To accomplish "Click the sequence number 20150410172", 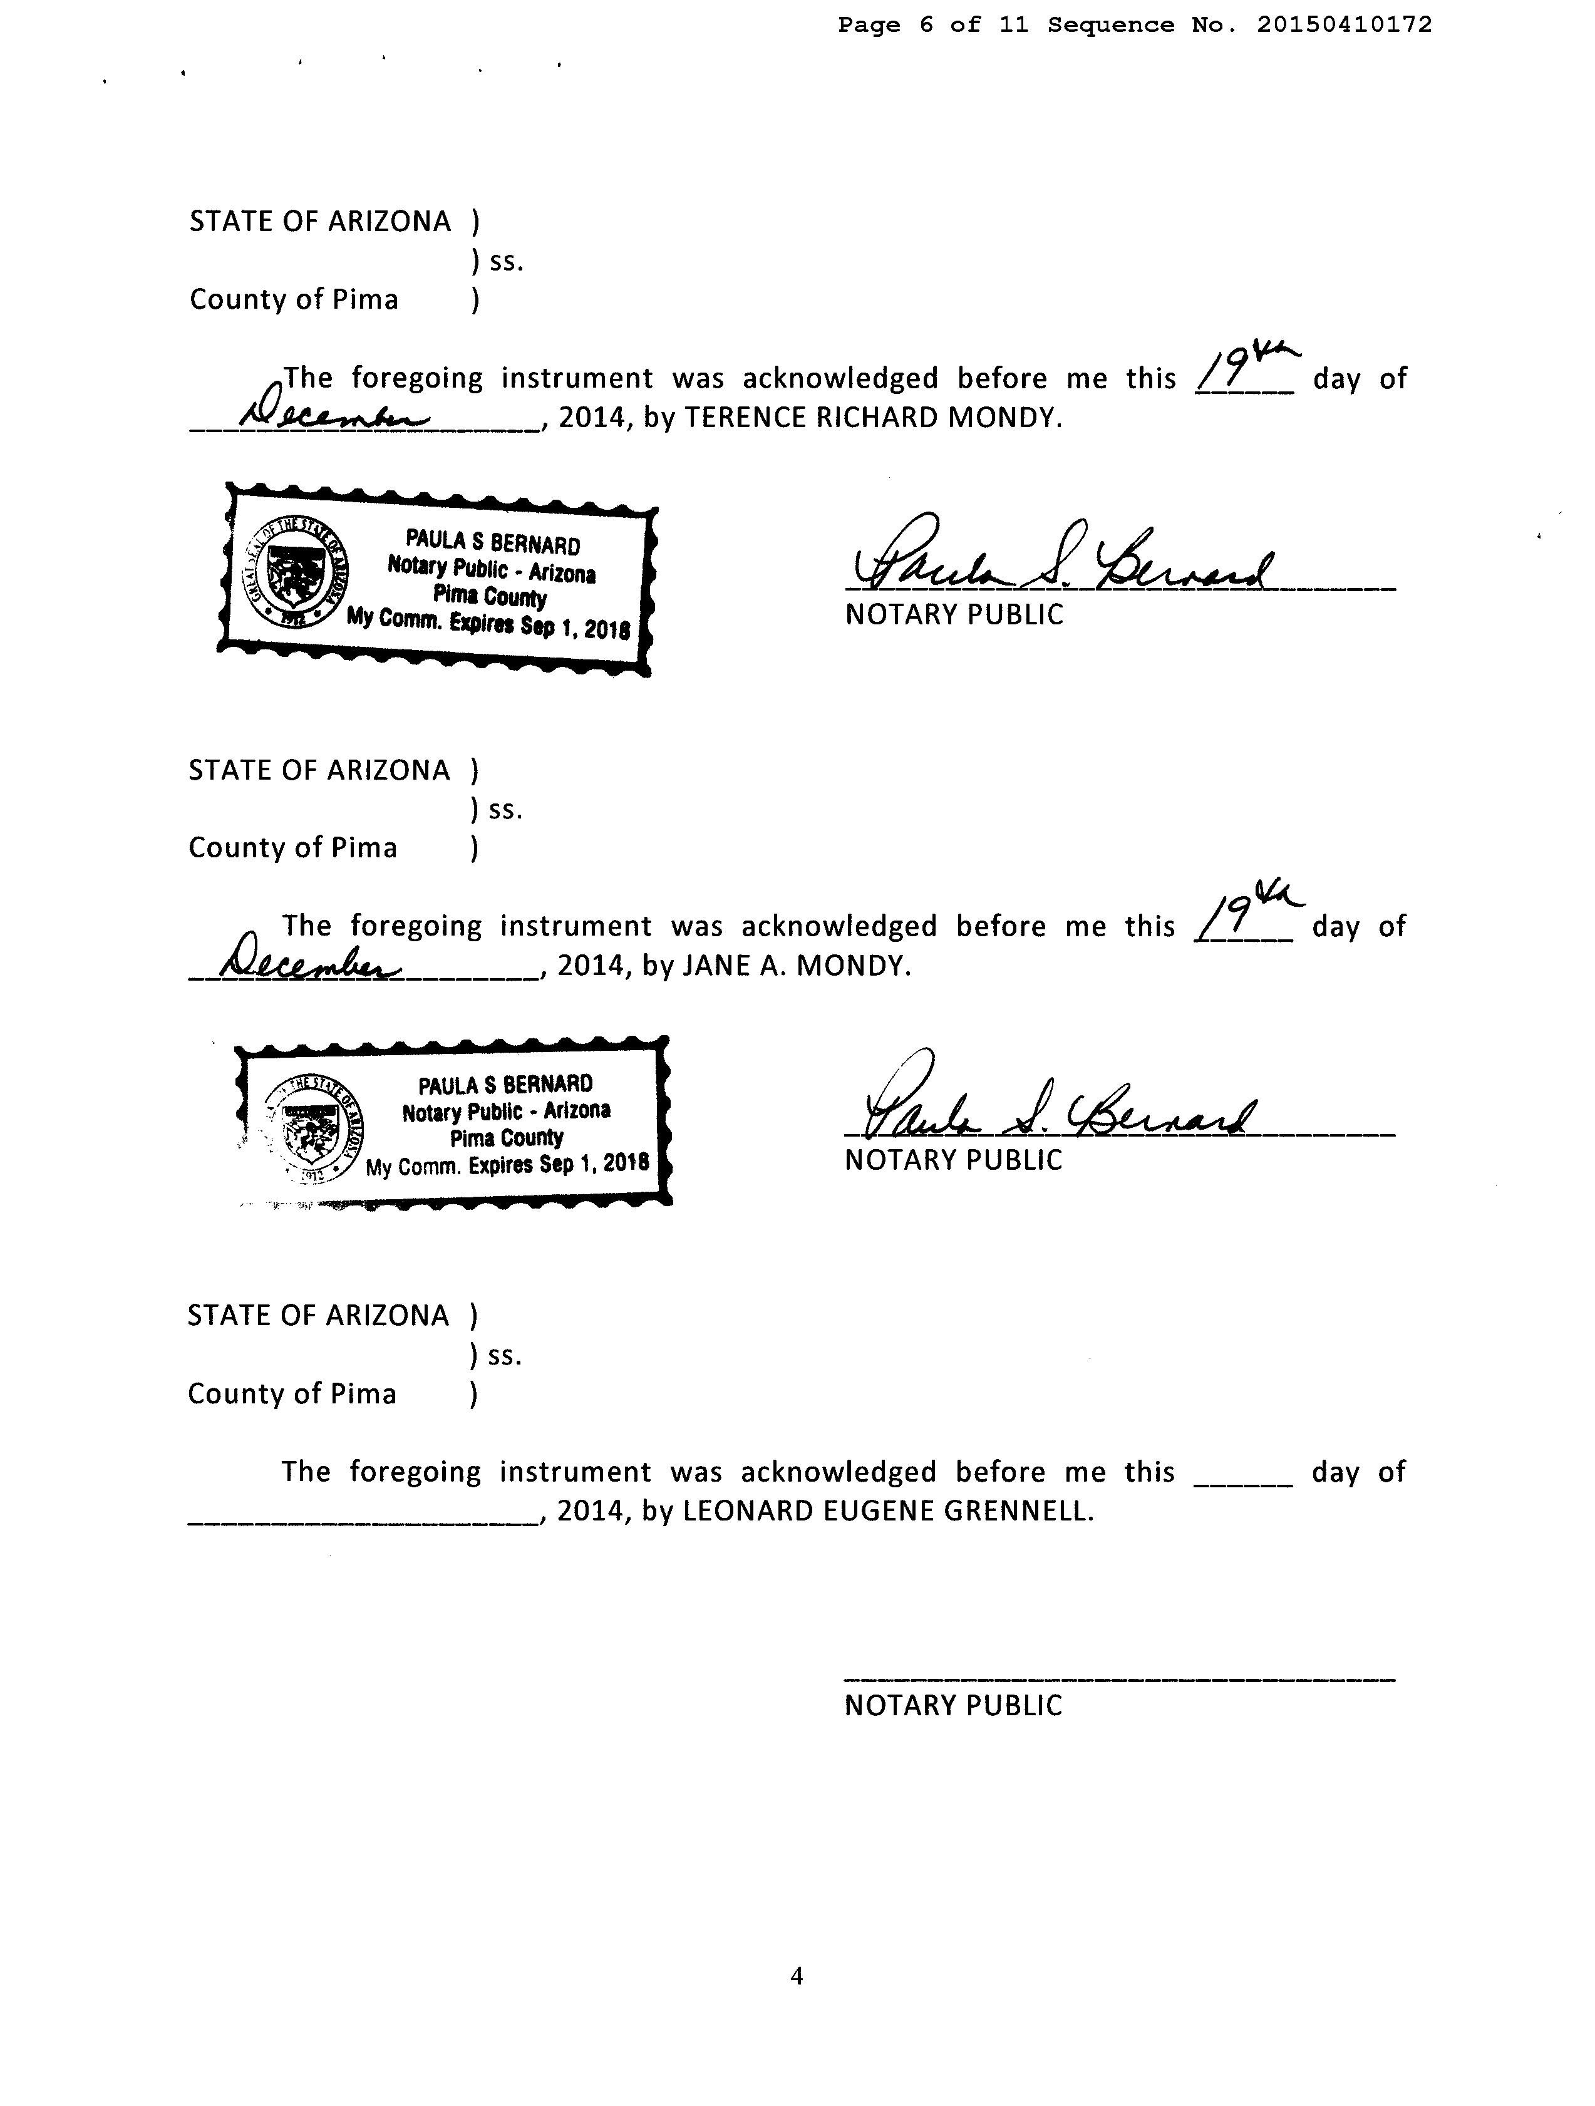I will tap(1344, 26).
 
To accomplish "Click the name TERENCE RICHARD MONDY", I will tap(871, 418).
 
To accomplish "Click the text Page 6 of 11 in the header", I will tap(933, 26).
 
